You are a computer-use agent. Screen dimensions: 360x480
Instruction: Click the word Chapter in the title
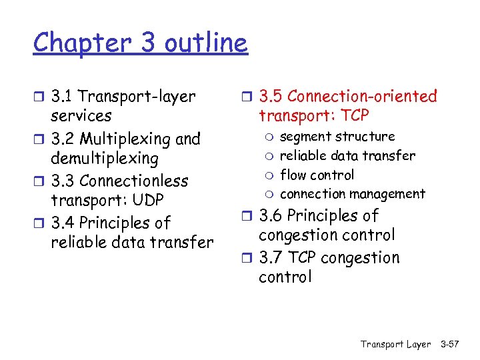click(x=73, y=43)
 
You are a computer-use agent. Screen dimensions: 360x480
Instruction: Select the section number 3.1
click(x=63, y=97)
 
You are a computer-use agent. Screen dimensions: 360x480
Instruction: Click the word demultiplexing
click(x=105, y=159)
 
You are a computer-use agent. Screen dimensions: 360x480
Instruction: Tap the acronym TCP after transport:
click(x=353, y=116)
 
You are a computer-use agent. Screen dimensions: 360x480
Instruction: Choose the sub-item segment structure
click(x=337, y=137)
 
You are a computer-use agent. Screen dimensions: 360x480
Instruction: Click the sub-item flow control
click(x=317, y=175)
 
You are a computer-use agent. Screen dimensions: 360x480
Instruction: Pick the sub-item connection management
click(x=352, y=194)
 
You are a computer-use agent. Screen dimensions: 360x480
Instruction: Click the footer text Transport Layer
click(x=395, y=344)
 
